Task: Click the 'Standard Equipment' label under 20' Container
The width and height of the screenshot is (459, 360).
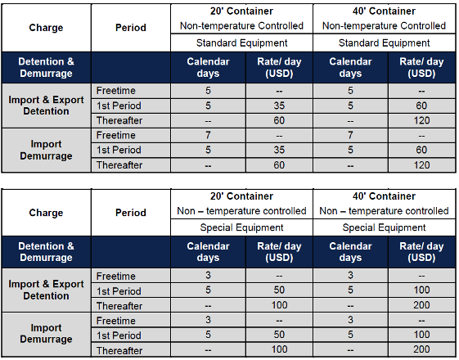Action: click(x=241, y=43)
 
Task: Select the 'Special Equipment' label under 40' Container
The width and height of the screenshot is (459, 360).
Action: click(x=384, y=227)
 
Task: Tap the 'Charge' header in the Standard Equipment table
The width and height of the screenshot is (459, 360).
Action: click(x=46, y=28)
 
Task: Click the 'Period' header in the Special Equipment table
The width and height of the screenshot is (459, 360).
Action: click(x=131, y=213)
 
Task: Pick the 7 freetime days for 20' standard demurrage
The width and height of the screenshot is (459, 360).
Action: click(x=208, y=135)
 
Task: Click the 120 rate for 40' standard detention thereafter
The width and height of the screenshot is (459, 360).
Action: click(x=421, y=120)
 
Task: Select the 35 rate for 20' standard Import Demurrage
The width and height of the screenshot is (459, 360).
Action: click(x=279, y=150)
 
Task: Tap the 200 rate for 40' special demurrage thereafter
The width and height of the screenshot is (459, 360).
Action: click(x=421, y=349)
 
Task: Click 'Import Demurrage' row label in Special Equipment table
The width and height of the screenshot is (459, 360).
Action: click(x=46, y=333)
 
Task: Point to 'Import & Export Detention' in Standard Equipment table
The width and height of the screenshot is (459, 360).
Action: click(x=46, y=106)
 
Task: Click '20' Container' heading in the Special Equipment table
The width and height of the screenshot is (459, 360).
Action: click(x=241, y=196)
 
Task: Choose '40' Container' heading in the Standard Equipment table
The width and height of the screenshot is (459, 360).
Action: click(x=384, y=11)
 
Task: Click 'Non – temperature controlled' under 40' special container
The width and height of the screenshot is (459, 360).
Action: click(x=384, y=211)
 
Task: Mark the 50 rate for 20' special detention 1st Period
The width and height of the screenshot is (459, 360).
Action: click(x=279, y=290)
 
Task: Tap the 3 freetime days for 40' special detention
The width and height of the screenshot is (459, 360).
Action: click(x=350, y=275)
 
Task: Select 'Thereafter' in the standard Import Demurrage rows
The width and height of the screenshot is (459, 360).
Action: click(x=119, y=165)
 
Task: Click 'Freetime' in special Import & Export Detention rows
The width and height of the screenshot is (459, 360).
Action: click(x=116, y=276)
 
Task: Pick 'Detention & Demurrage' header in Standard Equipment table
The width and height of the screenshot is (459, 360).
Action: click(x=46, y=67)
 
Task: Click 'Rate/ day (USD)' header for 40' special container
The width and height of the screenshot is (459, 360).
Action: click(x=421, y=252)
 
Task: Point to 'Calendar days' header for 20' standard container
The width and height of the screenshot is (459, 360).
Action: click(x=208, y=67)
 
